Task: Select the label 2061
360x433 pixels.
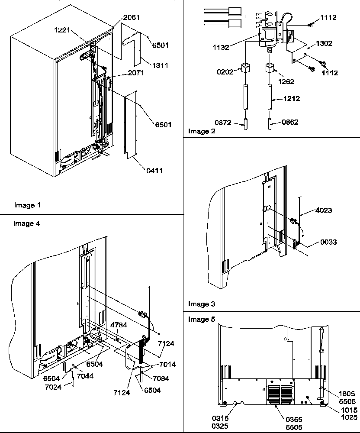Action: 132,18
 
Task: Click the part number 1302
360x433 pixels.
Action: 325,44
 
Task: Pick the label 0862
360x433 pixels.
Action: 290,123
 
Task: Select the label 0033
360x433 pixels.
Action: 329,242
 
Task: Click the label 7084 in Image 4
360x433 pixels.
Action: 160,378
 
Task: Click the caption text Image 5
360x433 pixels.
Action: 202,319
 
